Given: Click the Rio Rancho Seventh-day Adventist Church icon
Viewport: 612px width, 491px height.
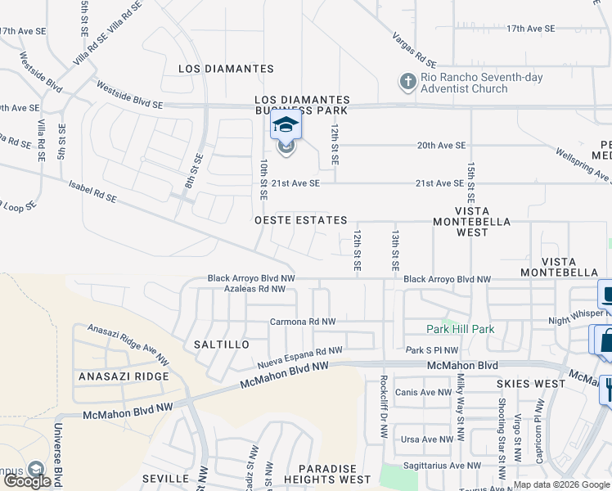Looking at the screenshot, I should click(407, 82).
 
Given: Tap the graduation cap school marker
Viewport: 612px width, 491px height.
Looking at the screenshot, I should click(286, 125).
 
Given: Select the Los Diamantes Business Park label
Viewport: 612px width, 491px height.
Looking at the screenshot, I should click(302, 104).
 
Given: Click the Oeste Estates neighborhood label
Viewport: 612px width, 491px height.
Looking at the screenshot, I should click(300, 221).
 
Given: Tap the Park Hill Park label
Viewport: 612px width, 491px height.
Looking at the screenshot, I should click(461, 329).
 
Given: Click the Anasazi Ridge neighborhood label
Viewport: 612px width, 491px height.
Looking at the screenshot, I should click(124, 376).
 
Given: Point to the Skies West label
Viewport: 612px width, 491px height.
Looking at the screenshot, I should click(530, 383).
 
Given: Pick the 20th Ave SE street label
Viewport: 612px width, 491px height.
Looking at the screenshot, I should click(441, 145).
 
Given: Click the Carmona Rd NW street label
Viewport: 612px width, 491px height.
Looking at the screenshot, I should click(303, 322).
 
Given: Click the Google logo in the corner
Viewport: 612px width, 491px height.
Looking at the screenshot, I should click(28, 481).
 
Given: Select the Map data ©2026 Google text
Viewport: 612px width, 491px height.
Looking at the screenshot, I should click(560, 484).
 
